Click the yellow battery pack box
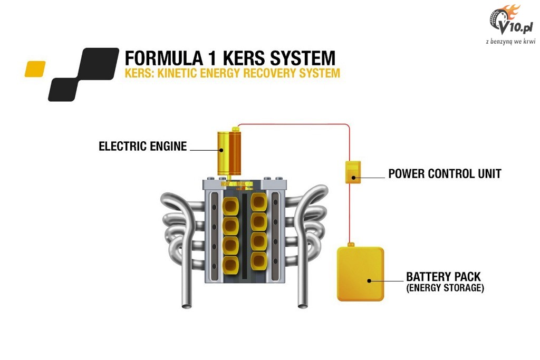click(360, 274)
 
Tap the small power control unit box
click(353, 172)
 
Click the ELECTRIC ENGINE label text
click(142, 147)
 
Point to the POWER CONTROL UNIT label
click(445, 174)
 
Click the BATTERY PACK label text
click(443, 277)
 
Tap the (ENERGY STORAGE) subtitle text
click(445, 288)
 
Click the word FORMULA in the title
click(164, 58)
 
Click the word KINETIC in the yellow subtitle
click(177, 73)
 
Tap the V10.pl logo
click(511, 20)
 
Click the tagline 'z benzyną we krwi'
click(510, 41)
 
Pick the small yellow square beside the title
click(35, 69)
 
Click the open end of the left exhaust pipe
click(186, 305)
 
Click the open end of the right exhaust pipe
click(303, 305)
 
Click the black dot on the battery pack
click(369, 281)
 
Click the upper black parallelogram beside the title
click(99, 64)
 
